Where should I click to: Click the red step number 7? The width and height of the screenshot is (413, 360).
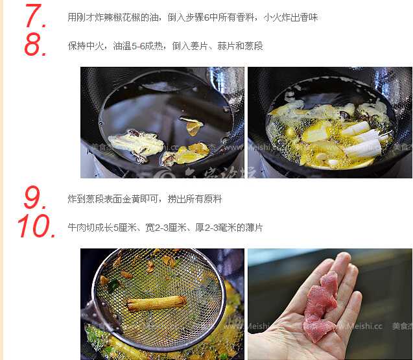click(x=36, y=16)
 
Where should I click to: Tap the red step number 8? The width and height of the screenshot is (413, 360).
click(x=35, y=45)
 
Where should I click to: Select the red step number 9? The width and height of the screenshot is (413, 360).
click(x=34, y=197)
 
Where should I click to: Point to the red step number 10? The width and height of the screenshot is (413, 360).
click(x=36, y=226)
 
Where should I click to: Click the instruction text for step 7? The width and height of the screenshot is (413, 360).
click(x=193, y=18)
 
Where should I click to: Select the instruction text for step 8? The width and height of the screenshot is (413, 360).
click(x=165, y=46)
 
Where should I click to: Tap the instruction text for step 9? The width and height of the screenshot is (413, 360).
click(x=145, y=199)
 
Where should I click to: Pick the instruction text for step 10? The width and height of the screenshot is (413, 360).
click(x=165, y=228)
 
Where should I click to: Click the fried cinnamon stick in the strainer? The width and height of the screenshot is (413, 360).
click(x=157, y=303)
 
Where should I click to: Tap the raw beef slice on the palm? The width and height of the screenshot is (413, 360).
click(x=320, y=306)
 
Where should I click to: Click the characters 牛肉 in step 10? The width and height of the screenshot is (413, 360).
click(x=77, y=228)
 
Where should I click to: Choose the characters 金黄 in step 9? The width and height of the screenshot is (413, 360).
click(x=131, y=199)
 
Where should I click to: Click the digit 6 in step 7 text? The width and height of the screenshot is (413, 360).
click(x=207, y=18)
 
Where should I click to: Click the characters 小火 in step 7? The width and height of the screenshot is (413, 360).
click(x=272, y=18)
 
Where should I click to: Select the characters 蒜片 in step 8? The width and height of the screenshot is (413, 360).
click(x=226, y=46)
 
